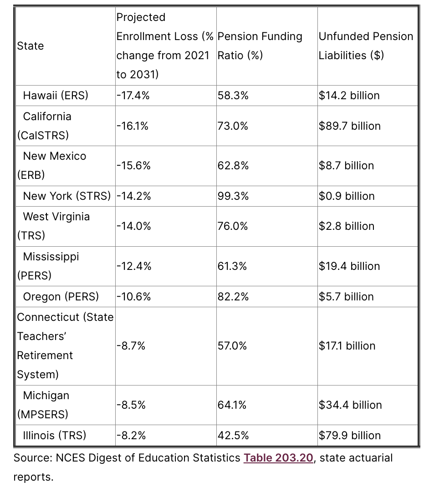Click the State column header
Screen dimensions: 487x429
point(31,46)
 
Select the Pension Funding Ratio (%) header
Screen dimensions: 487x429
point(260,46)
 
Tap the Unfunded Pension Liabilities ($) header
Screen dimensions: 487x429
point(366,46)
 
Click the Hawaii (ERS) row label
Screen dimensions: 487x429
point(56,96)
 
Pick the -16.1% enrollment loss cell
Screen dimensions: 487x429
point(133,126)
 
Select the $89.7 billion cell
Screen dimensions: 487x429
point(349,126)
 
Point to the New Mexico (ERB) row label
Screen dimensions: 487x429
point(51,166)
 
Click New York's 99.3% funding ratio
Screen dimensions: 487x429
point(233,196)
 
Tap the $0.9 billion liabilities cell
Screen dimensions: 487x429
point(347,196)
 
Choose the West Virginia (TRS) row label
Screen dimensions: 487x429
point(53,226)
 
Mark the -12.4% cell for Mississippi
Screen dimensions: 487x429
point(134,266)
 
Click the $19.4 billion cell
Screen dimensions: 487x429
point(349,266)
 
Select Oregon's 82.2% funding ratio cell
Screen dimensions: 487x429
point(233,297)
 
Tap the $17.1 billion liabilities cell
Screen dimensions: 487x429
point(347,346)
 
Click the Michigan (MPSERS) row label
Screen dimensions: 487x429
point(43,405)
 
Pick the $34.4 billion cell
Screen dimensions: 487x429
point(350,405)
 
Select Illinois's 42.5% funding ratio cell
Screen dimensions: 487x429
point(233,436)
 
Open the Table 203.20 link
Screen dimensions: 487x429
point(278,458)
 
